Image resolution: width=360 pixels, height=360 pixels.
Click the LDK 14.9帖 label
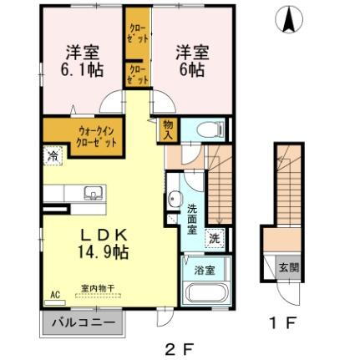pyautogui.click(x=105, y=238)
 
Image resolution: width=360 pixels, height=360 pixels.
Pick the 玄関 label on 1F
pyautogui.click(x=286, y=268)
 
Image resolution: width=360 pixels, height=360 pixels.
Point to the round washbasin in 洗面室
pyautogui.click(x=175, y=199)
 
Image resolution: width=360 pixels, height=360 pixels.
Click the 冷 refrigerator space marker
pyautogui.click(x=52, y=155)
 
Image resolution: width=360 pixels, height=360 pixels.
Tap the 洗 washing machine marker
pyautogui.click(x=214, y=236)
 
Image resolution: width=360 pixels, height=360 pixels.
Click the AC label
pyautogui.click(x=55, y=295)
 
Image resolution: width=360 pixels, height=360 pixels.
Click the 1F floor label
pyautogui.click(x=281, y=319)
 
